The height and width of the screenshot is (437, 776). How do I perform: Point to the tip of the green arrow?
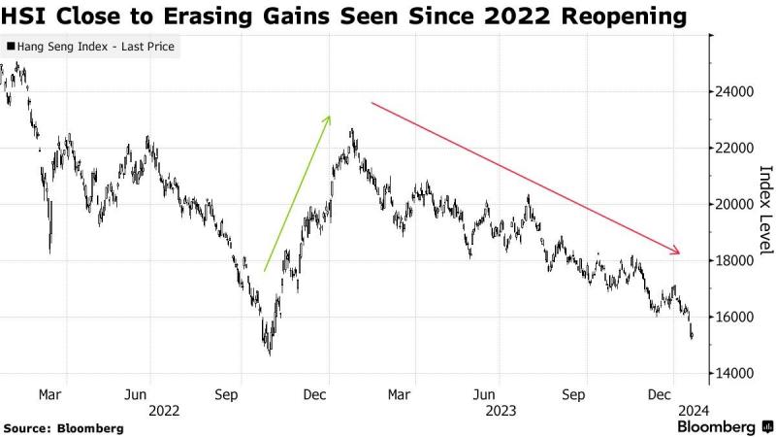(331, 116)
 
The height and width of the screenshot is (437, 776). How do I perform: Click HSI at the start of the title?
(26, 17)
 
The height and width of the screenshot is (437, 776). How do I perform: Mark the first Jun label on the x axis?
(137, 394)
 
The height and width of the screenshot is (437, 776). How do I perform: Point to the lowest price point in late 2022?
(269, 355)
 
